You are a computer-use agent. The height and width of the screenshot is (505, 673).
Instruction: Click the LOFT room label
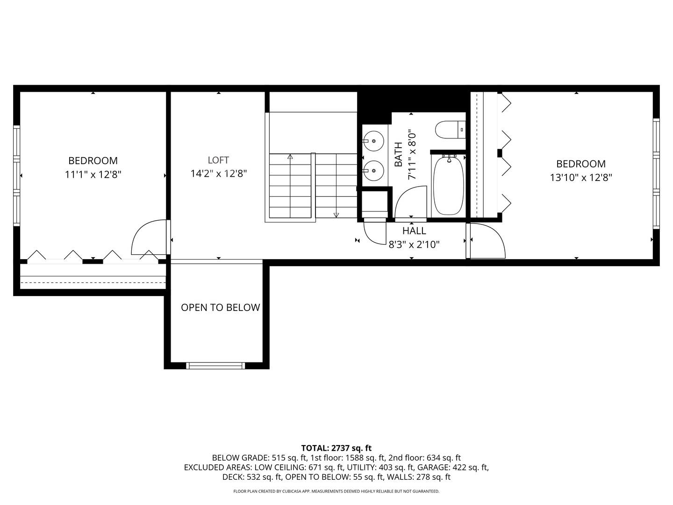tap(218, 160)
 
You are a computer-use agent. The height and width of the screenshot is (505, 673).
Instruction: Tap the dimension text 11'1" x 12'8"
tap(93, 174)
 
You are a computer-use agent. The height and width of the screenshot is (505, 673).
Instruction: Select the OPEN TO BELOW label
tap(220, 307)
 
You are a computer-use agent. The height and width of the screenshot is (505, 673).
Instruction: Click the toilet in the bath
tap(450, 130)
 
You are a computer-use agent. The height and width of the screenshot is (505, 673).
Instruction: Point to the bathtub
tap(448, 186)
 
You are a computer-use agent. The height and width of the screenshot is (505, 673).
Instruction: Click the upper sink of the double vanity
tap(373, 140)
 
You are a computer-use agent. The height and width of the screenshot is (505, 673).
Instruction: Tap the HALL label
tap(414, 231)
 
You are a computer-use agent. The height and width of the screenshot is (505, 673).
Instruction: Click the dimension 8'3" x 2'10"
tap(414, 244)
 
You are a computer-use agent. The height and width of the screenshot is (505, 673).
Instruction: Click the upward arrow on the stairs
tap(290, 157)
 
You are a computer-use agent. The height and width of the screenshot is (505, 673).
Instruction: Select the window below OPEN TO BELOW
tap(215, 366)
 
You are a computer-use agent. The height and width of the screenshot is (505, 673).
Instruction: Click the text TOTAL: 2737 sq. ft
tap(336, 448)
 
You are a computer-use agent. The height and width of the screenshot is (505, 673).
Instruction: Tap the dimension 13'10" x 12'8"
tap(581, 178)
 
